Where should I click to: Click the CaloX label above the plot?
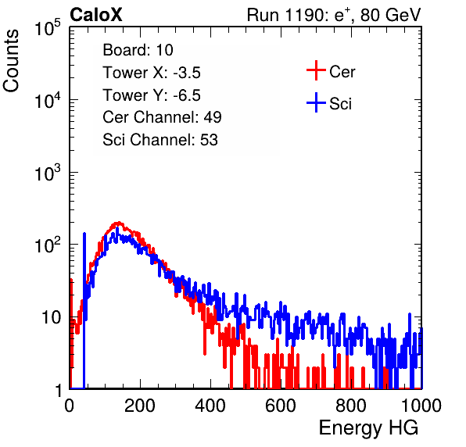tap(96, 15)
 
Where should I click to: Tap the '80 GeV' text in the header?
tap(390, 16)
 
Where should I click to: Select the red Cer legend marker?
tap(316, 70)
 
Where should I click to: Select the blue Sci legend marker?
tap(316, 102)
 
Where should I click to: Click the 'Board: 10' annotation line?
tap(138, 50)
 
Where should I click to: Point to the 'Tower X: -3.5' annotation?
tap(152, 73)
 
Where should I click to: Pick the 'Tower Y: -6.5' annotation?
tap(152, 95)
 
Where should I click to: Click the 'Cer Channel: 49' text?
tap(162, 117)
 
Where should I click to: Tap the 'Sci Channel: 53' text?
tap(160, 140)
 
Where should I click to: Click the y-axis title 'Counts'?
tap(11, 61)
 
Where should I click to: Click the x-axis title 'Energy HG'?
tap(368, 428)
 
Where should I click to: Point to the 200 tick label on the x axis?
tap(140, 406)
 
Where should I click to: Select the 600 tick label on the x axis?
tap(281, 406)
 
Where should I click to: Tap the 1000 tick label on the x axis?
tap(421, 406)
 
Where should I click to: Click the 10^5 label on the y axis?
tap(48, 27)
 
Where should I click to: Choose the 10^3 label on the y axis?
tap(48, 173)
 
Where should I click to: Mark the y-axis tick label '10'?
tap(51, 318)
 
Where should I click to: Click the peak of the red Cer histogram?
tap(119, 223)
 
